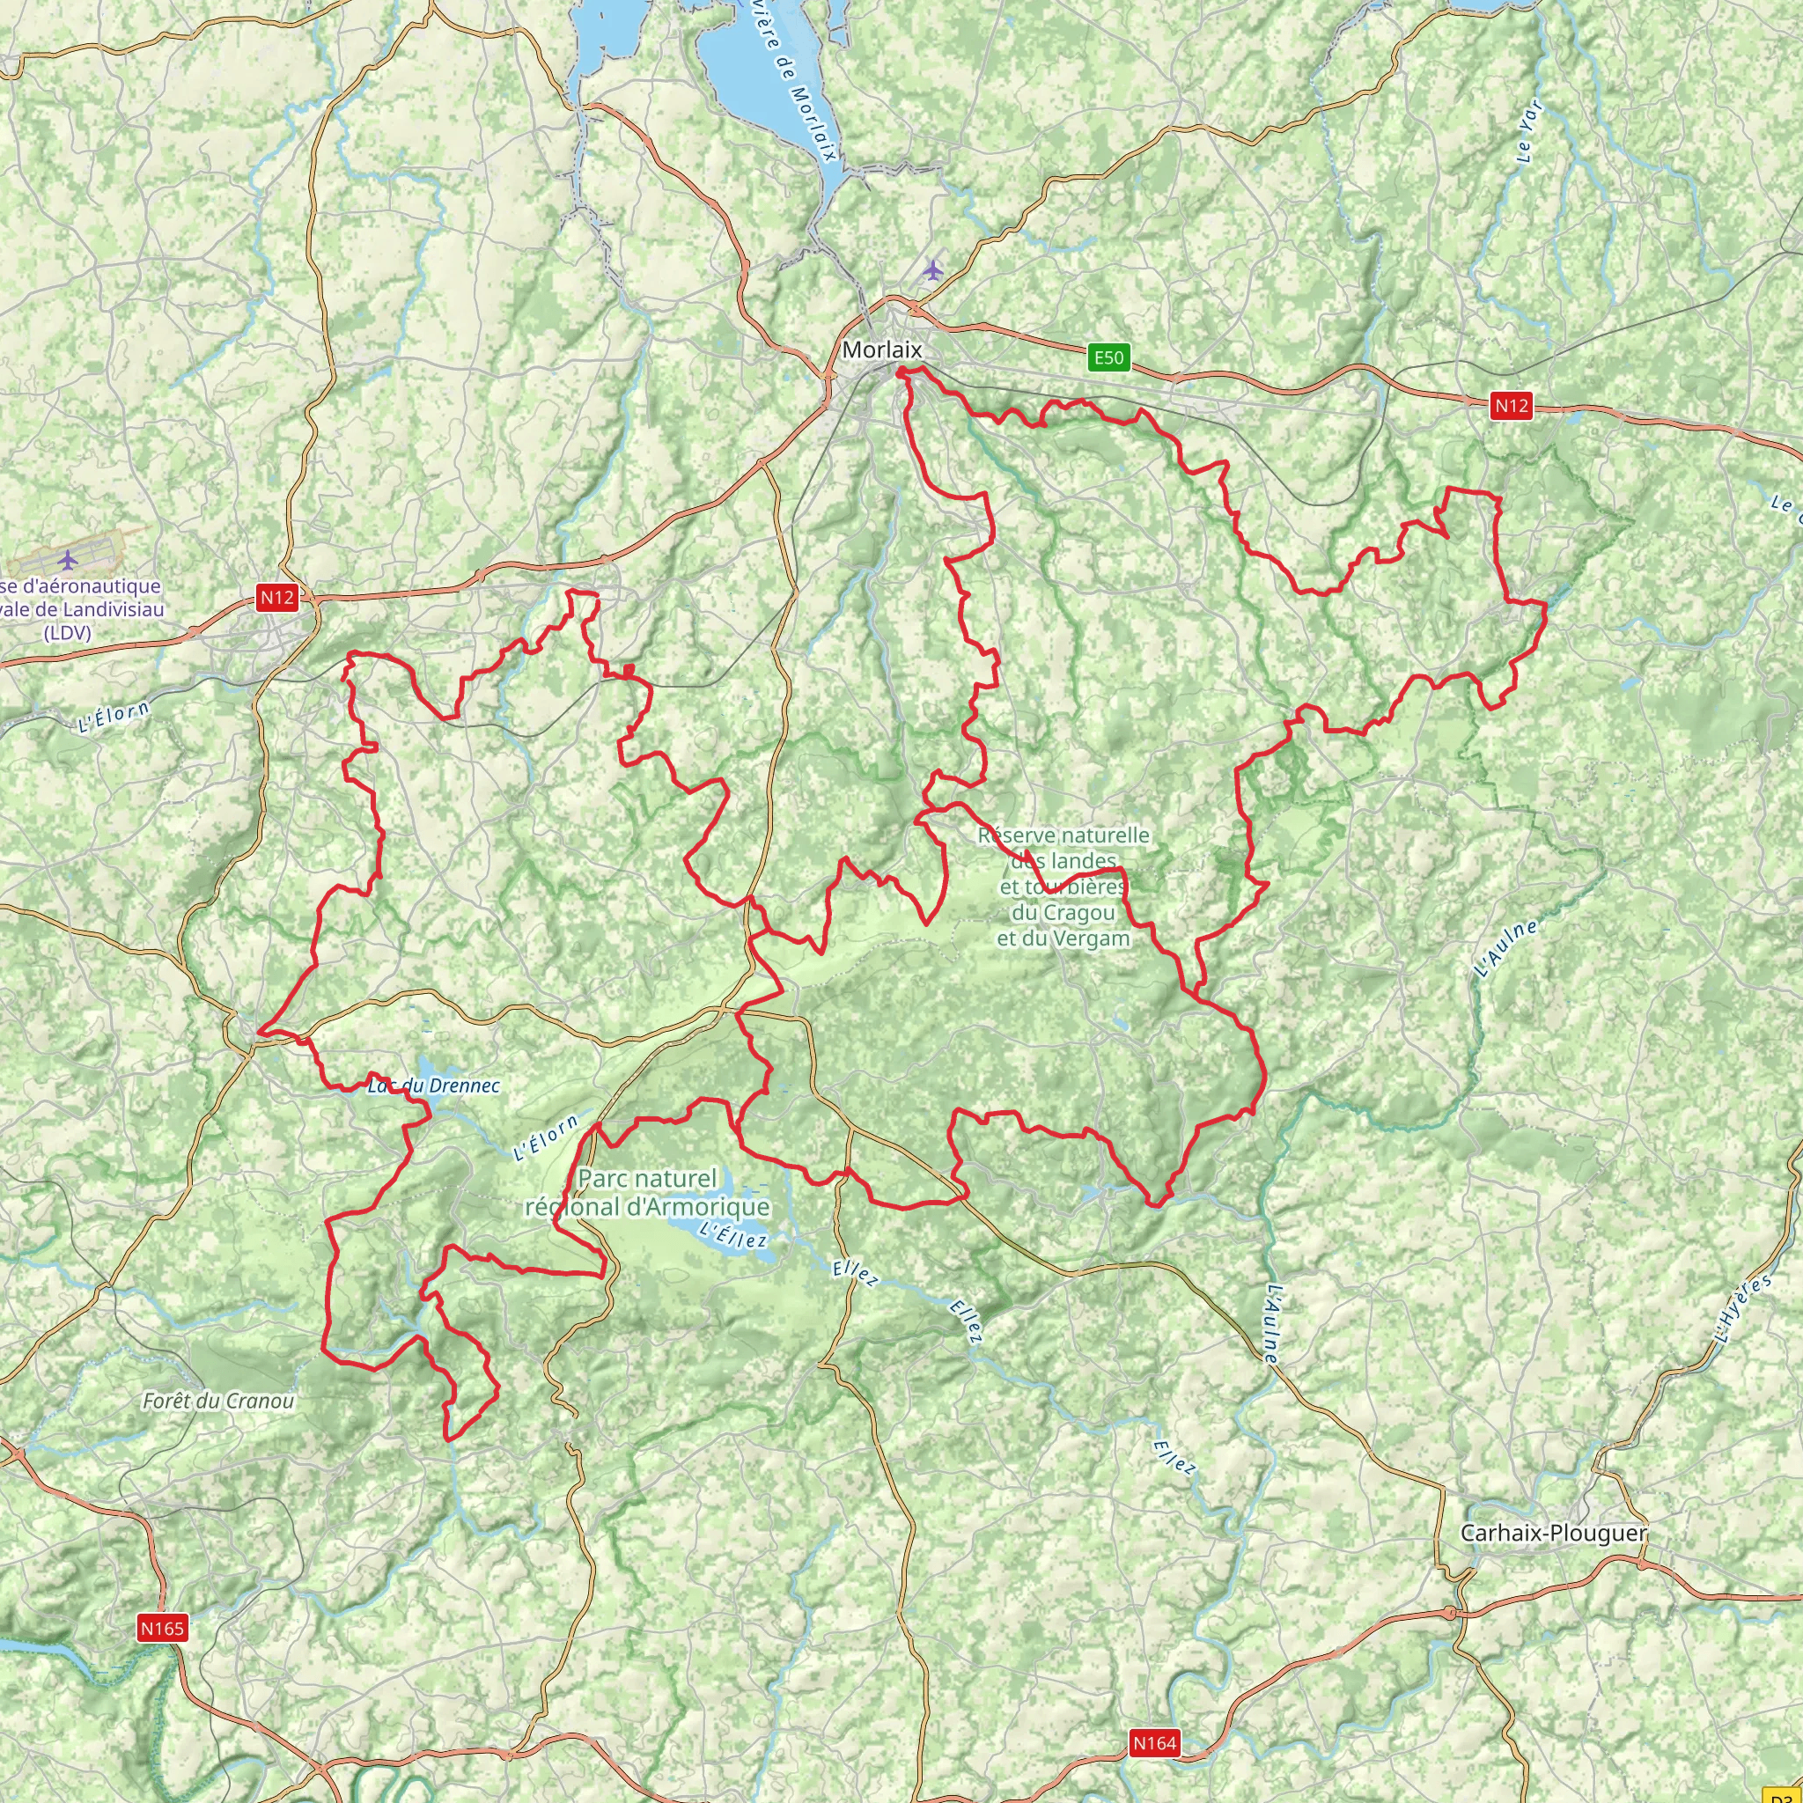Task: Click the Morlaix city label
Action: pos(881,350)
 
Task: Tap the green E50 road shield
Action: pos(1108,357)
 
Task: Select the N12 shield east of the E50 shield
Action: pos(1511,405)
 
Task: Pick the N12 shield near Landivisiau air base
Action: pos(277,597)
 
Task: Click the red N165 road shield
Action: pos(162,1629)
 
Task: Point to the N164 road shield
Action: pos(1154,1742)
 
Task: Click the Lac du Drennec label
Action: pos(434,1085)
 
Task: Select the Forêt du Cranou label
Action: pos(218,1401)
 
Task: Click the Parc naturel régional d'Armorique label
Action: pos(648,1193)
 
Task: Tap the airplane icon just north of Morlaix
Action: pos(932,270)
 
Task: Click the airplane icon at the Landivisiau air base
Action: pos(67,560)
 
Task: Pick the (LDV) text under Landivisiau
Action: pos(68,633)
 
